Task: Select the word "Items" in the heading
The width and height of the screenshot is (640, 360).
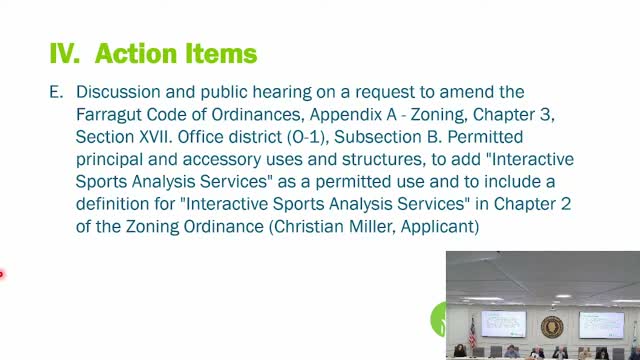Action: (225, 52)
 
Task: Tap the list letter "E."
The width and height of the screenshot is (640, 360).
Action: (56, 92)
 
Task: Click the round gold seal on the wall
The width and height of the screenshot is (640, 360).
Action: (551, 327)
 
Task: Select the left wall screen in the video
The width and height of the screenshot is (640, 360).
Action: (503, 322)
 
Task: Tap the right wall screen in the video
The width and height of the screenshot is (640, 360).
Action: (600, 323)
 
